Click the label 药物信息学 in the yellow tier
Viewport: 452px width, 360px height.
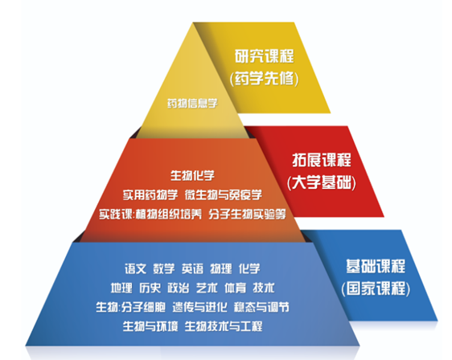[x=192, y=103]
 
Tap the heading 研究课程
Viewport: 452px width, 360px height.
[x=265, y=56]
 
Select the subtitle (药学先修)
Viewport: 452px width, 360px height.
[x=265, y=78]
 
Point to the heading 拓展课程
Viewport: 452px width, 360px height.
[x=322, y=160]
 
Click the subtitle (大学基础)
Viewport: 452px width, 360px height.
[x=322, y=182]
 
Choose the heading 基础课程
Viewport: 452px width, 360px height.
[x=376, y=266]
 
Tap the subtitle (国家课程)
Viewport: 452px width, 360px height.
[x=376, y=288]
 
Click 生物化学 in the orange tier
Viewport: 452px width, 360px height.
[x=192, y=175]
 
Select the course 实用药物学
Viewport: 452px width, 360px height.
[x=150, y=195]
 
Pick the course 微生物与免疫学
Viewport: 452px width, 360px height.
[x=224, y=195]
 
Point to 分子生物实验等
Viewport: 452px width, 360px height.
[x=248, y=214]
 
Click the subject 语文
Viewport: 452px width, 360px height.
[x=135, y=268]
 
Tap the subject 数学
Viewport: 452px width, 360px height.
[x=164, y=268]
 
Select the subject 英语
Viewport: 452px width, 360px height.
[x=192, y=268]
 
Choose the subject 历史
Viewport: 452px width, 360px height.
[x=150, y=288]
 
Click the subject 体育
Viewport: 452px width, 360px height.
[x=235, y=288]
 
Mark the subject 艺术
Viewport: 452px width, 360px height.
[x=207, y=288]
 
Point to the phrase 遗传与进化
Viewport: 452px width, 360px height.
[x=199, y=307]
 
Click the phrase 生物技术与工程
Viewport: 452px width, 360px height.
[x=224, y=326]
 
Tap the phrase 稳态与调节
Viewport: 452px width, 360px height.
[x=261, y=307]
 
